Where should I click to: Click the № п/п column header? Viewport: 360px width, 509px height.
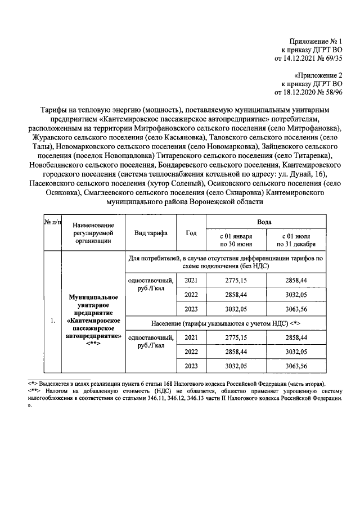pos(52,224)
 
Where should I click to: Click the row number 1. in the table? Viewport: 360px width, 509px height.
pos(52,321)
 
